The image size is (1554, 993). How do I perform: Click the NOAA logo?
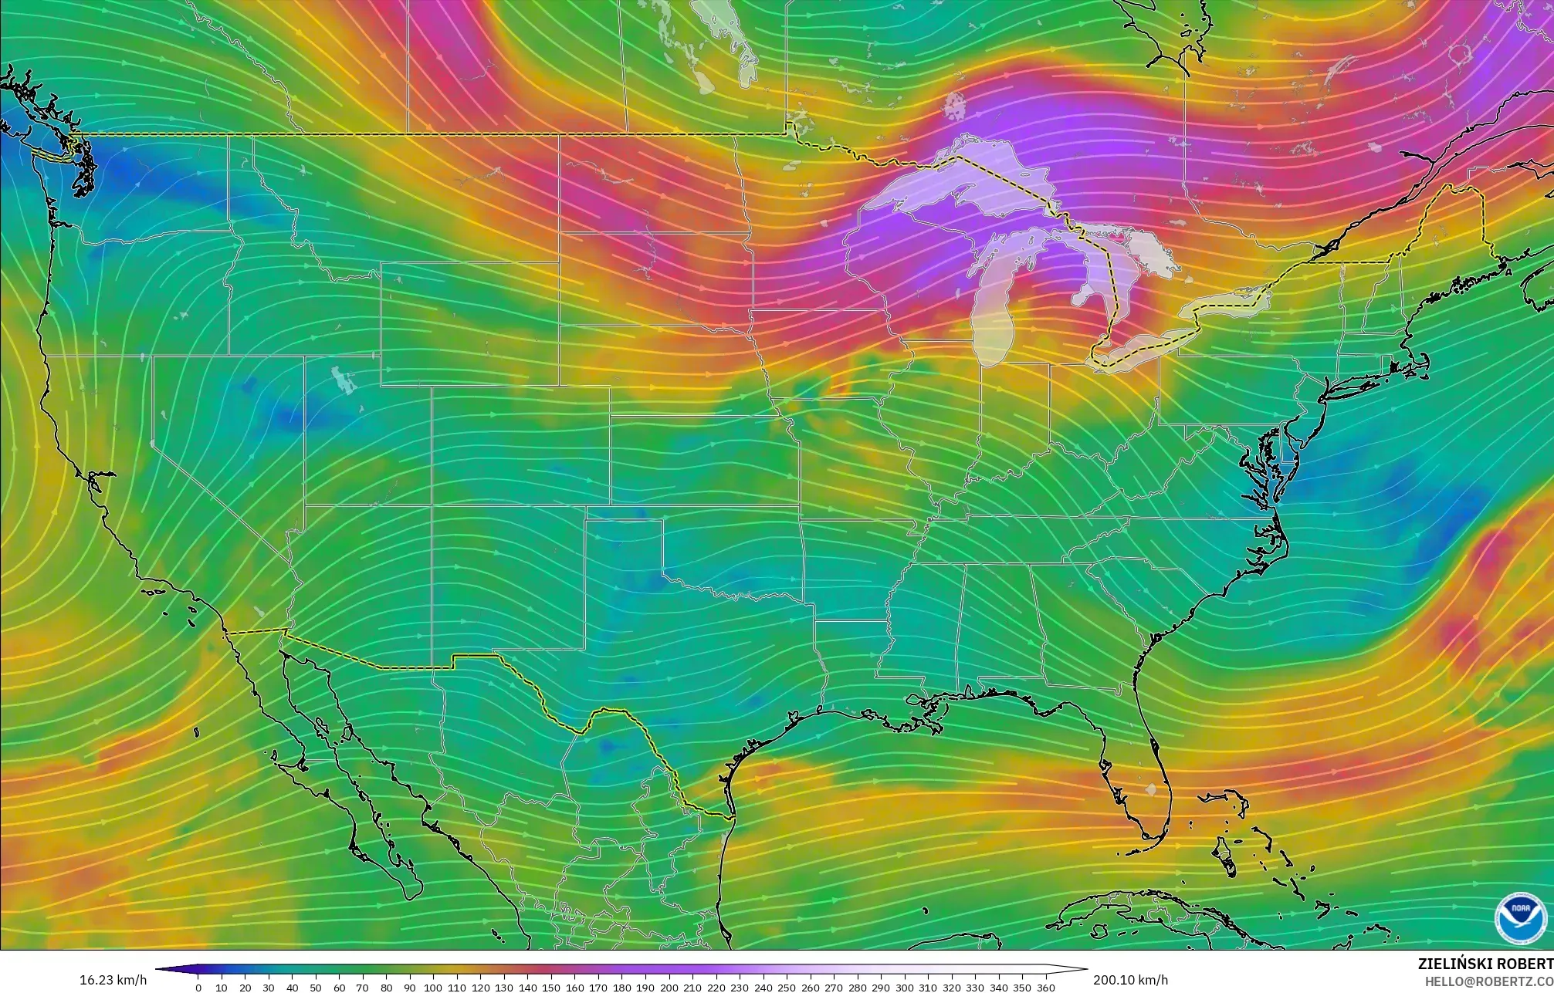pyautogui.click(x=1520, y=919)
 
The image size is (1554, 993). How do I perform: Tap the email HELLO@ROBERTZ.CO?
pyautogui.click(x=1488, y=981)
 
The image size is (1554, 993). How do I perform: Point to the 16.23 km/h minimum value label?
pyautogui.click(x=113, y=980)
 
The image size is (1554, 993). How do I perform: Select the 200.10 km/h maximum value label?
pyautogui.click(x=1130, y=980)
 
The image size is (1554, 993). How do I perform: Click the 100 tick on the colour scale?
pyautogui.click(x=433, y=988)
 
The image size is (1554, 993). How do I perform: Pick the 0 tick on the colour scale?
pyautogui.click(x=198, y=988)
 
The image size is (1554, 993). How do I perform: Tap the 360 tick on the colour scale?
pyautogui.click(x=1045, y=988)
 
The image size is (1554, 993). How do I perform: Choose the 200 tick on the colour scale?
pyautogui.click(x=669, y=988)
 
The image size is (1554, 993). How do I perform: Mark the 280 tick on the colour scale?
pyautogui.click(x=857, y=988)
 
